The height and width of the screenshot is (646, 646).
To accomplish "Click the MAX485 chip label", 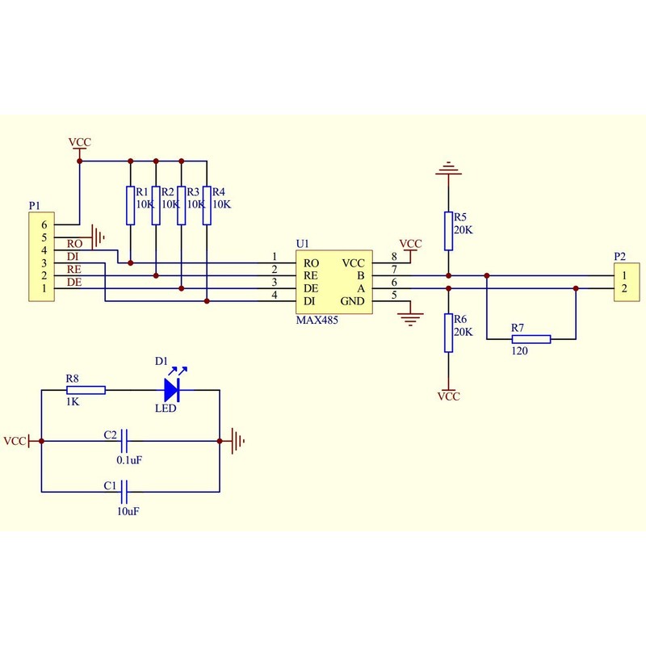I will (317, 321).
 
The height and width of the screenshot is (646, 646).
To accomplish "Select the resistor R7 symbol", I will (531, 338).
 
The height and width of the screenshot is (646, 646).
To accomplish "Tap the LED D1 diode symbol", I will (172, 390).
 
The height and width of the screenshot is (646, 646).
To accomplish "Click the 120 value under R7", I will (519, 351).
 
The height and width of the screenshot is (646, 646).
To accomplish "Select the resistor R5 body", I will (448, 231).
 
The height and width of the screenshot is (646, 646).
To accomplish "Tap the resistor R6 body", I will (448, 333).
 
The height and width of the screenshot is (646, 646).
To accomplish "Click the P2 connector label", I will (619, 256).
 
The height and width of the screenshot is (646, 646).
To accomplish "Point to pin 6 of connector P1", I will (45, 224).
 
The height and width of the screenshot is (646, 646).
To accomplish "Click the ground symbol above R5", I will (448, 171).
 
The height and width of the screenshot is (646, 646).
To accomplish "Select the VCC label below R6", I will (448, 396).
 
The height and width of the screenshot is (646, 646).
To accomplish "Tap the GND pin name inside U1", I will (354, 301).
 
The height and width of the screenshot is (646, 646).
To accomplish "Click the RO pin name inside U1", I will (310, 263).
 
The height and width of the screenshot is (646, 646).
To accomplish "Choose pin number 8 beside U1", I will (393, 257).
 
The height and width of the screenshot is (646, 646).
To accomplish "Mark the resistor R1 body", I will (129, 205).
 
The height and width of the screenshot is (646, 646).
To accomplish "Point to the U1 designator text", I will (302, 243).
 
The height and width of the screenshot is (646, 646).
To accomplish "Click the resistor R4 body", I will (207, 205).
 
